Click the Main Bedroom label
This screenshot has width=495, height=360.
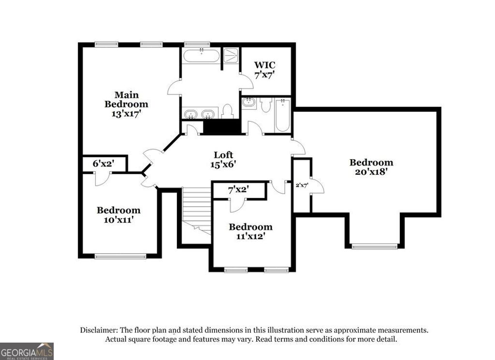click(126, 99)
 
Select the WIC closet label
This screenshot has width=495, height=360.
click(265, 65)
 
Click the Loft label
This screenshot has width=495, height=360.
click(223, 155)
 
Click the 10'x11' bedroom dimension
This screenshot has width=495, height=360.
click(118, 219)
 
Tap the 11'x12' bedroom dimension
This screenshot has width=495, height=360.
click(250, 236)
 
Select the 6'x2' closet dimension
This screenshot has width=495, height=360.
click(103, 164)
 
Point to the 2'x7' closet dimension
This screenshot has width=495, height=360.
click(302, 184)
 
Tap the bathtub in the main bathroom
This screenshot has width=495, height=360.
click(201, 56)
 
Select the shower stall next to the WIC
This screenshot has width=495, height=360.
click(231, 56)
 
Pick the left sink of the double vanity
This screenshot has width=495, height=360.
click(191, 114)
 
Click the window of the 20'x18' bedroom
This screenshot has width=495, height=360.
click(375, 246)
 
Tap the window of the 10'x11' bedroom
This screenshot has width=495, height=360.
click(120, 256)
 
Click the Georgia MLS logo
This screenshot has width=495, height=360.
click(27, 351)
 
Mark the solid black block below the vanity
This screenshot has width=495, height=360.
click(222, 127)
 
